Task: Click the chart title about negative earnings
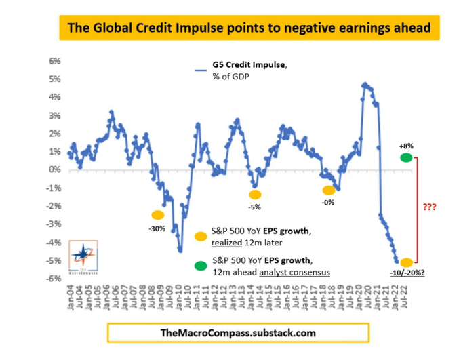[249, 28]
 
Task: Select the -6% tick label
[54, 278]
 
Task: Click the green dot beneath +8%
[406, 158]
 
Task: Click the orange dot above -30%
[158, 215]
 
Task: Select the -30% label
[157, 228]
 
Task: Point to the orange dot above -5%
[254, 194]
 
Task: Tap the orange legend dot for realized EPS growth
[200, 237]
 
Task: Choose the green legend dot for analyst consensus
[200, 264]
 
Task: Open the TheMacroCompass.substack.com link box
[237, 333]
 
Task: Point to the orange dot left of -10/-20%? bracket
[406, 262]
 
